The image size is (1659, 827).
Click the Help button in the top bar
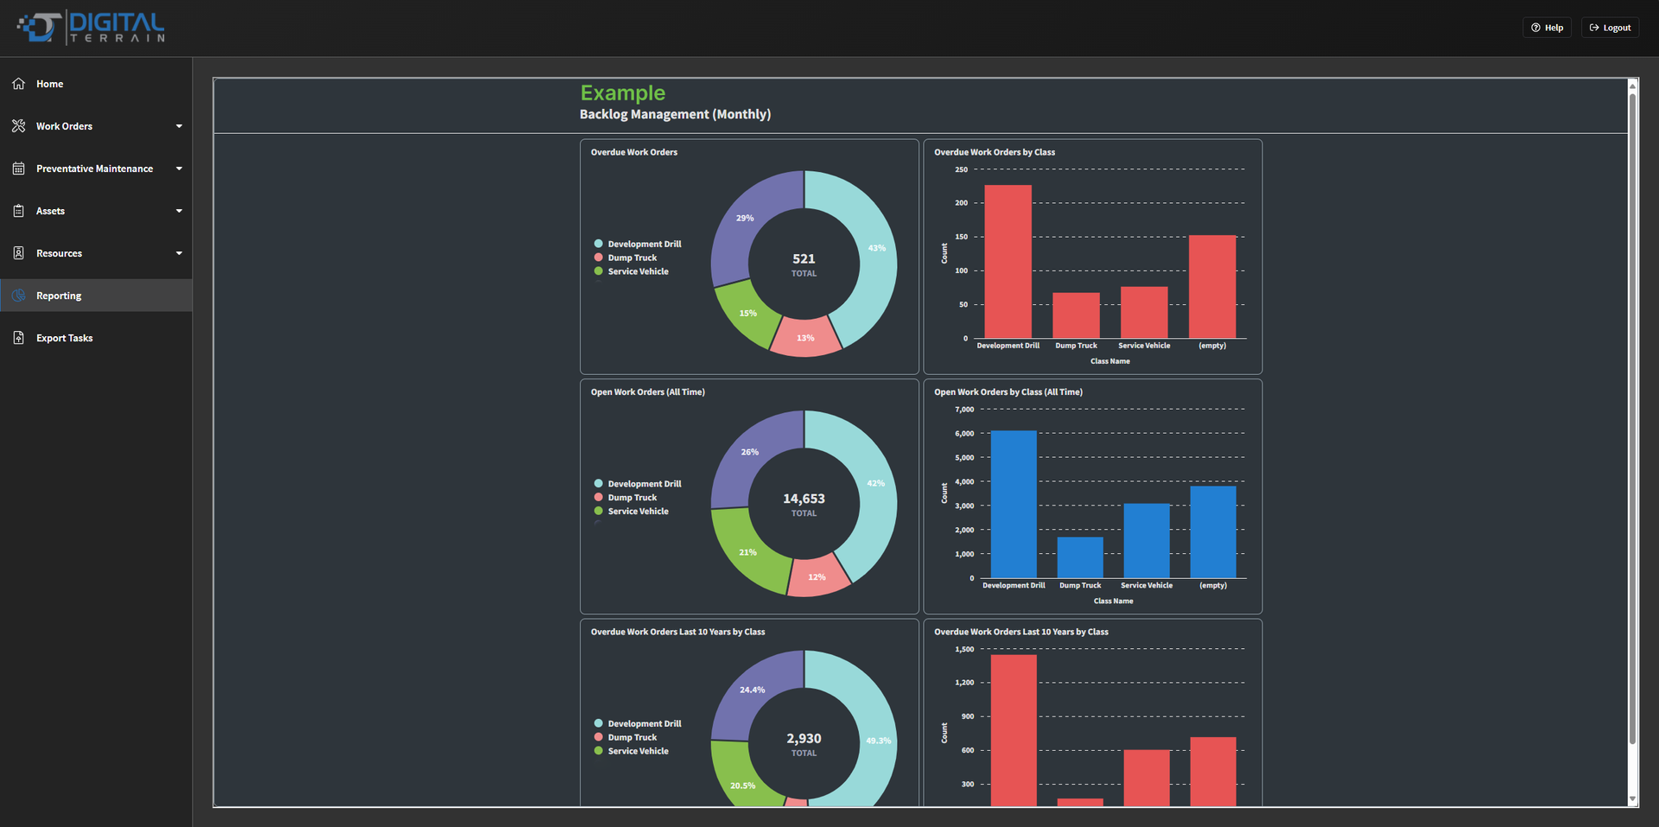point(1547,28)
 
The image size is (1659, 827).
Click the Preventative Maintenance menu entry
point(96,169)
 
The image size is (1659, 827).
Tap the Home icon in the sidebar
point(19,84)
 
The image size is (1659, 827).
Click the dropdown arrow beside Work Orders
point(179,126)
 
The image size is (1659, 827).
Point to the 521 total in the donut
point(804,258)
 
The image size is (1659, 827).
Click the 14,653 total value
point(804,499)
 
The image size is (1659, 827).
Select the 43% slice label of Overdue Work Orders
point(877,248)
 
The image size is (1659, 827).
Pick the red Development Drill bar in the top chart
point(1007,261)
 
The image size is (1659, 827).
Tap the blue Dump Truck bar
point(1080,557)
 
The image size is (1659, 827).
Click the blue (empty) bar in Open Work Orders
point(1213,531)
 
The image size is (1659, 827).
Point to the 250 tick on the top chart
point(961,169)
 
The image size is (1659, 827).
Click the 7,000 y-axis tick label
point(964,410)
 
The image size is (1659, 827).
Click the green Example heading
point(623,93)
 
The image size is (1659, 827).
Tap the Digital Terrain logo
point(91,28)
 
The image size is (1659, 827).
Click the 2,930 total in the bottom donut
point(804,739)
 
